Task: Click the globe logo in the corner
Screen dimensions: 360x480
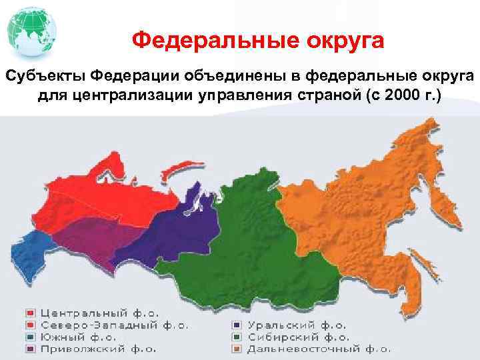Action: (x=29, y=31)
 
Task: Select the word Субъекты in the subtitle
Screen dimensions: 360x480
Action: (x=44, y=78)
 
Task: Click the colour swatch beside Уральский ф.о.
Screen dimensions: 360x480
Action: (x=237, y=326)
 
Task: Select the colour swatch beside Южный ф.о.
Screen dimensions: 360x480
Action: (x=31, y=337)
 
